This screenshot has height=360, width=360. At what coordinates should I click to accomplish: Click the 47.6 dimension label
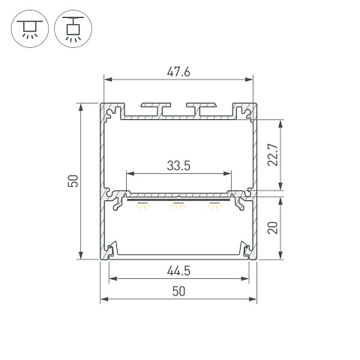point(178,72)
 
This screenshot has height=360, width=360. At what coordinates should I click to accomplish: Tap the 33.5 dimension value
point(178,166)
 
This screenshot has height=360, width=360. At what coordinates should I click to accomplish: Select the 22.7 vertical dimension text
point(273,154)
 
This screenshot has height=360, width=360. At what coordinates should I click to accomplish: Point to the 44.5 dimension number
point(178,271)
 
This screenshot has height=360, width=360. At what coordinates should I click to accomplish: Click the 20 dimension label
point(273,228)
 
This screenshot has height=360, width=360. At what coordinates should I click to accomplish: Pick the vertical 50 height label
point(73,181)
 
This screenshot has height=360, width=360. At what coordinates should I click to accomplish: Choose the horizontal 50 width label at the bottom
point(178,292)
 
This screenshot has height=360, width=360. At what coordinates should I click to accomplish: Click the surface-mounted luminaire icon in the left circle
point(30,29)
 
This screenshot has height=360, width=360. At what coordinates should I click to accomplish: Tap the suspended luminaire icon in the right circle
point(73,29)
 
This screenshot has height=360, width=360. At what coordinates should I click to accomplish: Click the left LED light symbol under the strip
point(142,205)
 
